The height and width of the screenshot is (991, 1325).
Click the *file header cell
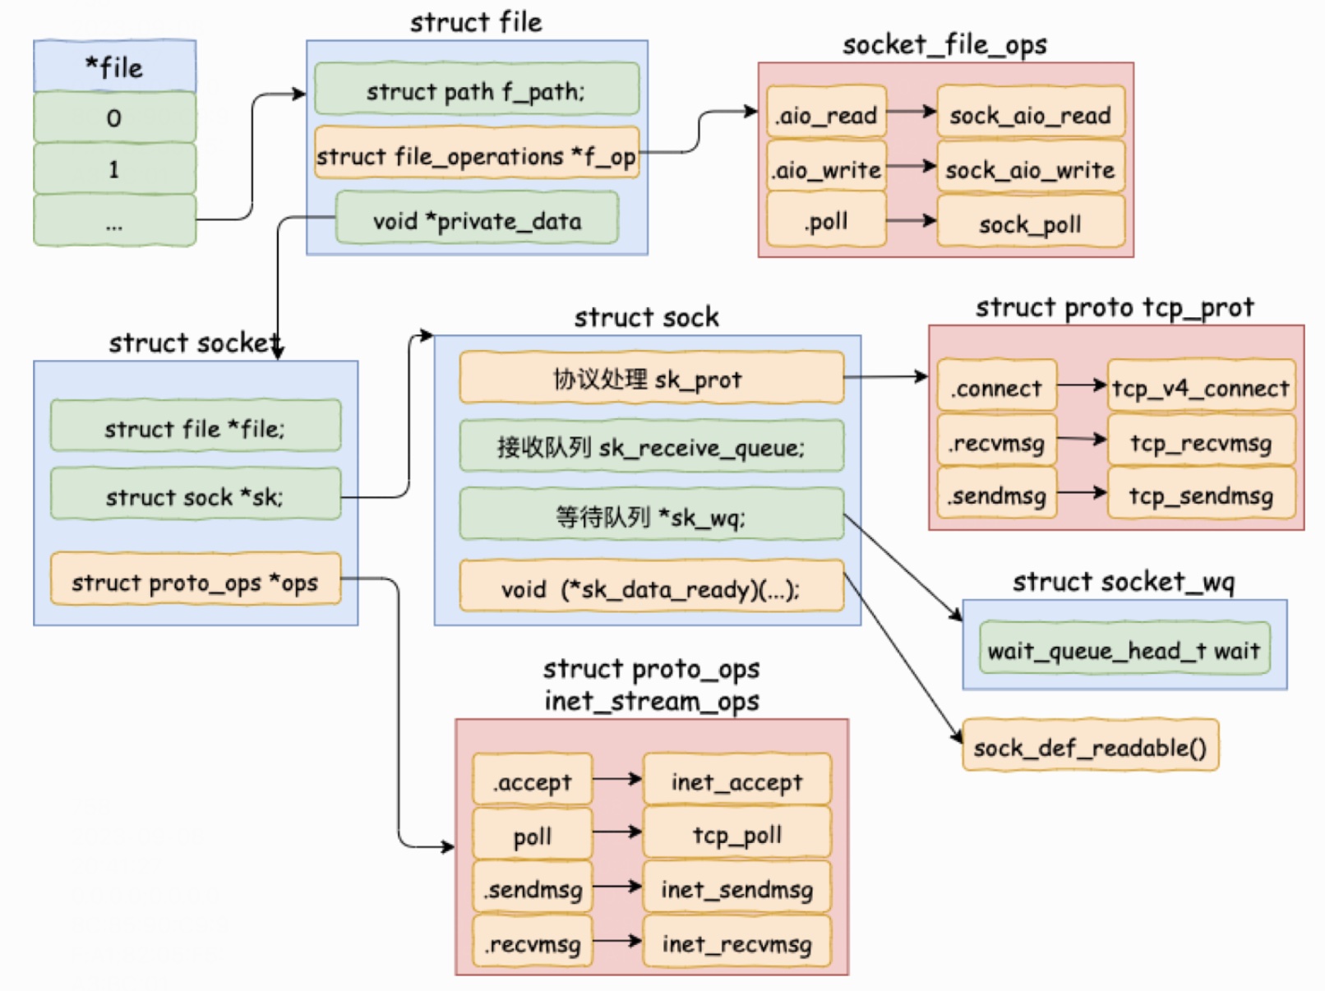[x=115, y=67]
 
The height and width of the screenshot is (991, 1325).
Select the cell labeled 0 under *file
[x=115, y=118]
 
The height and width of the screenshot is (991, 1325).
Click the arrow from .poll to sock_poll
[x=912, y=221]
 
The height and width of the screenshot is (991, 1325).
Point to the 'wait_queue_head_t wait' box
[x=1124, y=648]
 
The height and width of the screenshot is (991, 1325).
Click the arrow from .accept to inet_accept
[x=617, y=779]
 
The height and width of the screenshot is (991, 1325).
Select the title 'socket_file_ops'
[x=945, y=44]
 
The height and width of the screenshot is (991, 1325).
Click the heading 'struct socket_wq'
[x=1124, y=582]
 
